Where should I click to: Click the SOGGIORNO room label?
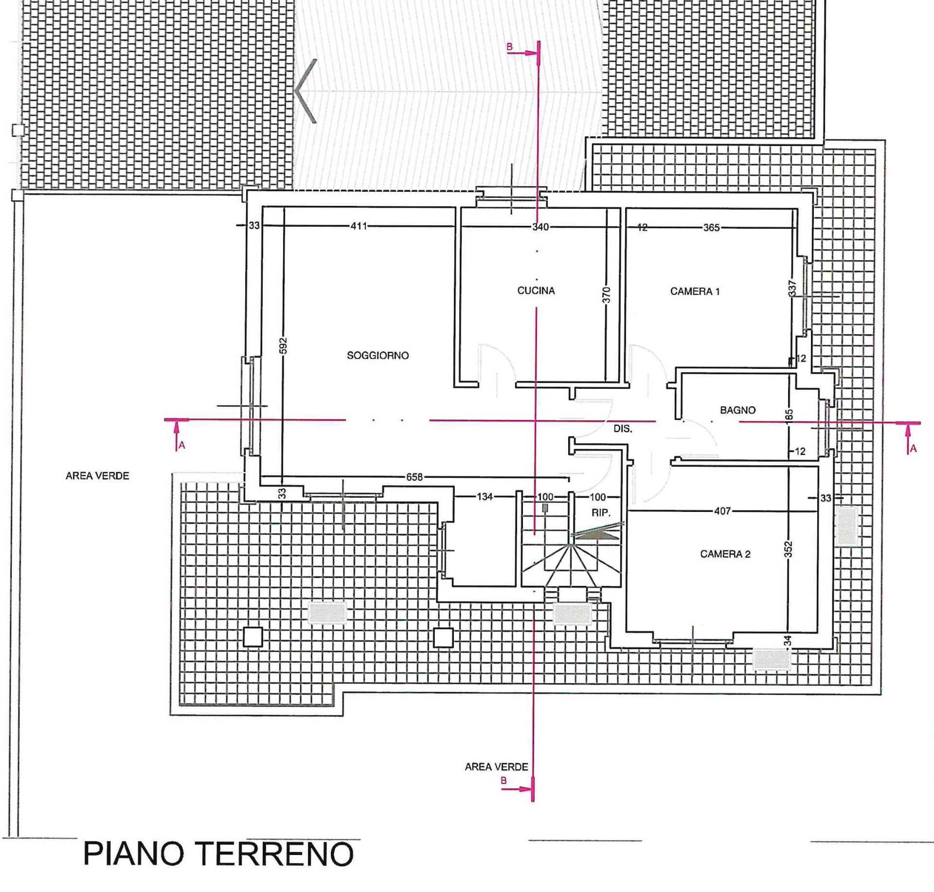[x=377, y=356]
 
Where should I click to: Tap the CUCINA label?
[x=536, y=291]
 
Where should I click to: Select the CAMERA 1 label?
[x=695, y=291]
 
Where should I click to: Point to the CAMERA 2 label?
[x=725, y=554]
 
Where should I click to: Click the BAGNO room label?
[x=737, y=410]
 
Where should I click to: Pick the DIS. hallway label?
[x=623, y=429]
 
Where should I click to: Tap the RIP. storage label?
[x=600, y=512]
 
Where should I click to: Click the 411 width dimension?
[x=359, y=226]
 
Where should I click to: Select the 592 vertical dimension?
[x=283, y=346]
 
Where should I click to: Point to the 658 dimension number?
[x=414, y=477]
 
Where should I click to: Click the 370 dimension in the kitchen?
[x=606, y=294]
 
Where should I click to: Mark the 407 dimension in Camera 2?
[x=722, y=511]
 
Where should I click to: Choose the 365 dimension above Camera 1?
[x=711, y=227]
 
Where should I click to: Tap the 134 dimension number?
[x=485, y=497]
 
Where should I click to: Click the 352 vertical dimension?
[x=789, y=549]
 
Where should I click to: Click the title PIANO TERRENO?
[x=218, y=854]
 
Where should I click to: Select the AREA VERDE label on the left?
[x=97, y=476]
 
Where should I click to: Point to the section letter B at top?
[x=509, y=47]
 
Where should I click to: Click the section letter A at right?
[x=913, y=449]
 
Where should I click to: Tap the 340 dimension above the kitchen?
[x=540, y=227]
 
